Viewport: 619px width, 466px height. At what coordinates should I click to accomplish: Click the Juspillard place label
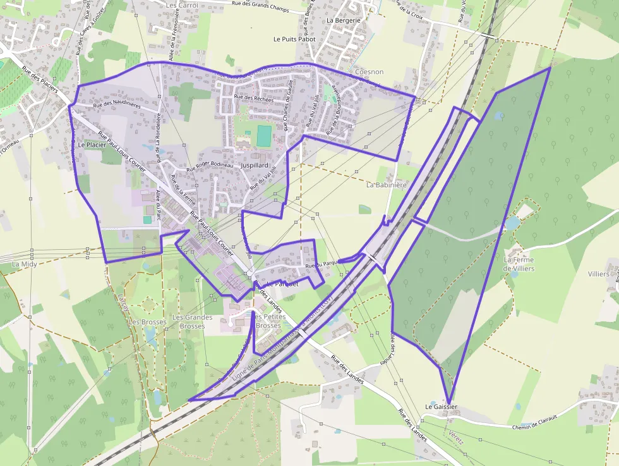coord(255,165)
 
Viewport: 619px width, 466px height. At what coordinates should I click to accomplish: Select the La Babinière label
coord(387,185)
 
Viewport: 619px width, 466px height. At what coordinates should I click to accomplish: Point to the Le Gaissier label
coord(441,407)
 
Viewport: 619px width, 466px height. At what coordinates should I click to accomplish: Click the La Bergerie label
coord(344,20)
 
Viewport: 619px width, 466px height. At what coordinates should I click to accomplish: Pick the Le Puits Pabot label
coord(294,39)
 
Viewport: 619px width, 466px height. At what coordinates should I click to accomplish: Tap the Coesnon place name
coord(370,72)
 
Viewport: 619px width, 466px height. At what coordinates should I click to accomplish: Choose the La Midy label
coord(25,264)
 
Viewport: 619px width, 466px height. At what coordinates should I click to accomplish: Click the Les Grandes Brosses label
coord(193,321)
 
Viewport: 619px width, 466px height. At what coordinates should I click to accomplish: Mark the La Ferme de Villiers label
coord(519,264)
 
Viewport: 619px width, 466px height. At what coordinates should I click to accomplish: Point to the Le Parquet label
coord(282,284)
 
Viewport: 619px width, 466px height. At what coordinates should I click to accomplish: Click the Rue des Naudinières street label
coord(116,106)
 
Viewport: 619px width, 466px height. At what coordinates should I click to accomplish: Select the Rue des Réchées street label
coord(253,98)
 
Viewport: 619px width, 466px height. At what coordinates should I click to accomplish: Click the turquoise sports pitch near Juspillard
coord(264,135)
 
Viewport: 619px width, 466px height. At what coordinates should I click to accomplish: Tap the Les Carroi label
coord(182,5)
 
